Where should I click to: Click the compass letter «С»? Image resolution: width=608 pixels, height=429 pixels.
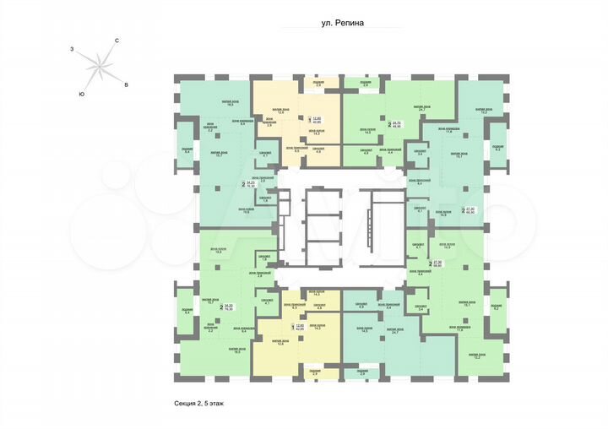[117, 41]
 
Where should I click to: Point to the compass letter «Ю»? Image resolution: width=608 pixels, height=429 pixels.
[81, 93]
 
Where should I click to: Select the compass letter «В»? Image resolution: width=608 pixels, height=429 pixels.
[126, 85]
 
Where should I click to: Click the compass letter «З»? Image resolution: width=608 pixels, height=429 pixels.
[73, 51]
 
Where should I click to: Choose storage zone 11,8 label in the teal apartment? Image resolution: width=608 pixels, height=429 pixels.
[451, 132]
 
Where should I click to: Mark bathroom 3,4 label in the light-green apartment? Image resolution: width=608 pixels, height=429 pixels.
[421, 152]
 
